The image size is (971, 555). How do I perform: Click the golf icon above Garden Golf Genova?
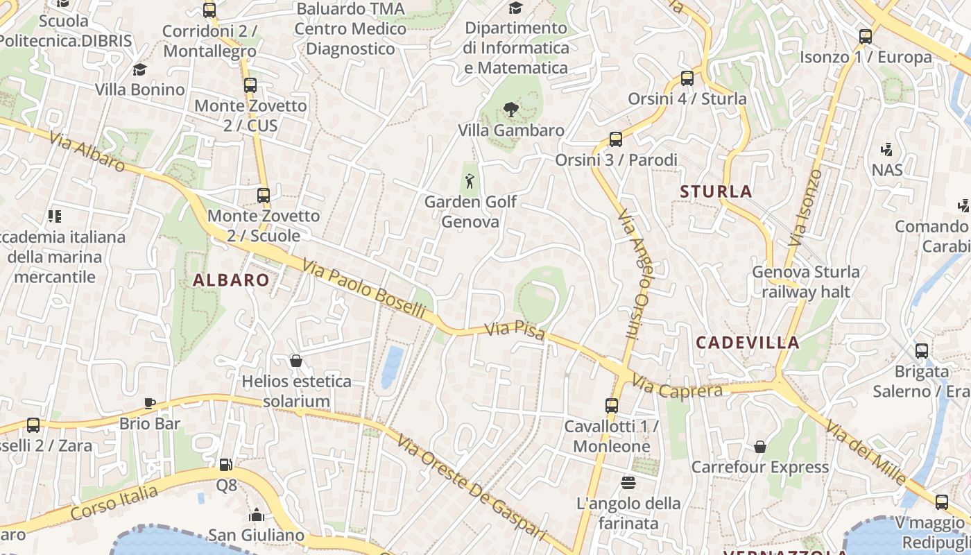click(x=470, y=181)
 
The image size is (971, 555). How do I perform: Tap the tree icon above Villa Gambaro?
click(x=511, y=109)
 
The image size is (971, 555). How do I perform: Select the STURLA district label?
click(x=716, y=191)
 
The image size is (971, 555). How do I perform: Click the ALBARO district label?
click(x=231, y=280)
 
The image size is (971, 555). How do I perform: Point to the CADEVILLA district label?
click(x=748, y=342)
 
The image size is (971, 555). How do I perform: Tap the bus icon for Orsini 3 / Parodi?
click(x=616, y=139)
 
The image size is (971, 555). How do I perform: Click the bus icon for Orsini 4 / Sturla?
click(x=687, y=78)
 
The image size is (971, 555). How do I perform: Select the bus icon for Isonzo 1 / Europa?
click(x=866, y=37)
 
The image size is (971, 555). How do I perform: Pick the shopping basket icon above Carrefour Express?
click(x=760, y=446)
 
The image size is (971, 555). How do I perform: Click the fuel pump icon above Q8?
click(x=225, y=464)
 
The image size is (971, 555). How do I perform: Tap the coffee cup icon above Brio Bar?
click(x=149, y=403)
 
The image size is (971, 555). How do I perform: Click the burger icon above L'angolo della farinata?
click(x=628, y=482)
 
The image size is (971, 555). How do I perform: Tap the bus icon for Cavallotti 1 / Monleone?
click(x=612, y=406)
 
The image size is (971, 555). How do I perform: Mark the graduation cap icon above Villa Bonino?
click(x=140, y=69)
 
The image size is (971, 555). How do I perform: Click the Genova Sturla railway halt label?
click(x=806, y=282)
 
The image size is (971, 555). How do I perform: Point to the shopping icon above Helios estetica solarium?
click(x=296, y=361)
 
